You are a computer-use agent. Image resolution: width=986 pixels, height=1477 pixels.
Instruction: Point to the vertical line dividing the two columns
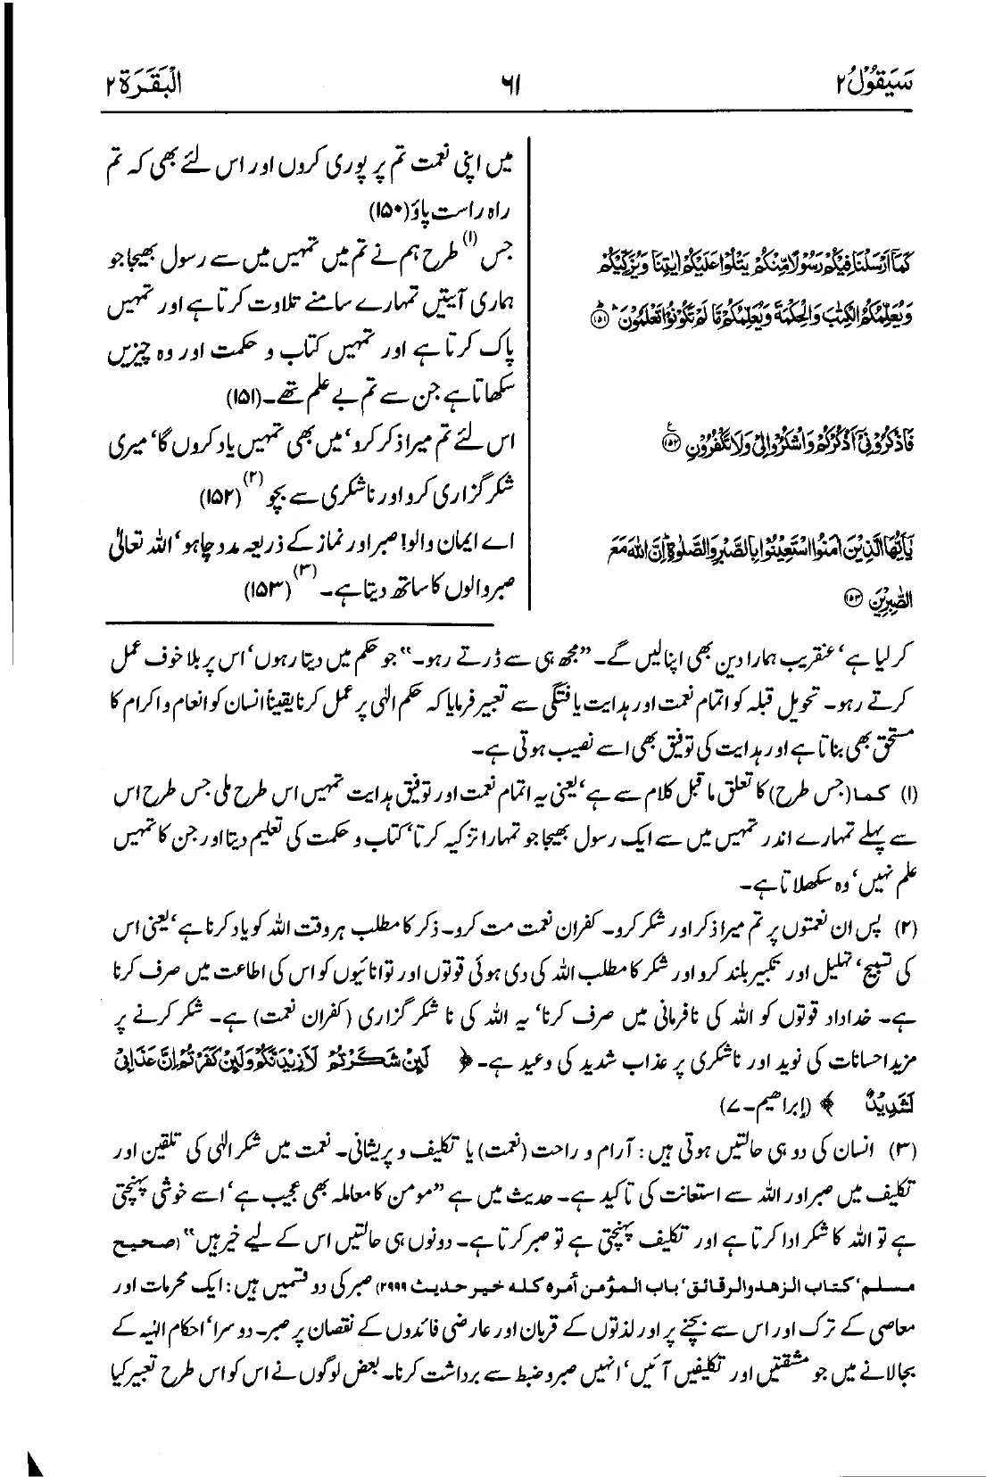tap(534, 375)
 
